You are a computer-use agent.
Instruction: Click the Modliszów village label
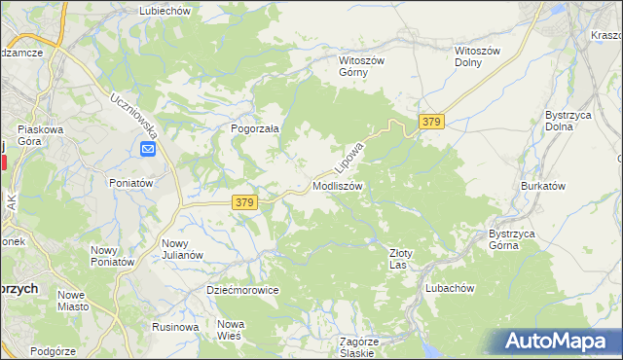coord(338,185)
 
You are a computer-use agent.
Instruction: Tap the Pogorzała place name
coord(255,127)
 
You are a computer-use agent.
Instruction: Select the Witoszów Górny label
coord(362,66)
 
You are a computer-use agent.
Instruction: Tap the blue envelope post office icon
coord(147,149)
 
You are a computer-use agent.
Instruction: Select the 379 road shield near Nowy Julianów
coord(244,201)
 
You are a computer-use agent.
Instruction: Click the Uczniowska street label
coord(130,114)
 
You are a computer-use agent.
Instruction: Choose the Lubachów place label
coord(449,288)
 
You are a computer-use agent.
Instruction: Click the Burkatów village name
coord(543,185)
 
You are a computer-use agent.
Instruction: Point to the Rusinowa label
coord(175,327)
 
